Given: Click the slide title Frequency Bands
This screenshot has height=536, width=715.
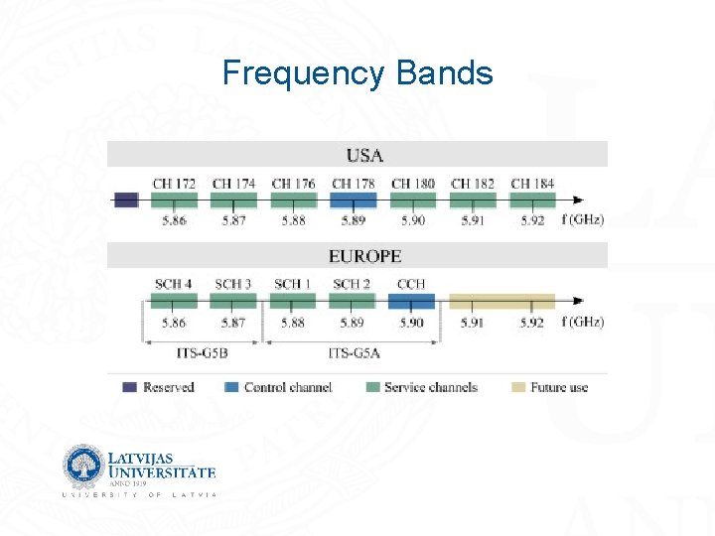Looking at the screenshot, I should (x=357, y=73).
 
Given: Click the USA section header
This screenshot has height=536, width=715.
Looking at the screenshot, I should (x=364, y=155).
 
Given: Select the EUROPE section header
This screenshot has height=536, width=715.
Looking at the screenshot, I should (x=364, y=256).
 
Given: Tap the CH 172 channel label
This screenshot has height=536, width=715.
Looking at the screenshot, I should (x=174, y=184).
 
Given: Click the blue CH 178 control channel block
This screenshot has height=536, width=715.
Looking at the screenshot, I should (x=354, y=200).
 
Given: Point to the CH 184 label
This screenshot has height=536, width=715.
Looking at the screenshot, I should (x=532, y=184).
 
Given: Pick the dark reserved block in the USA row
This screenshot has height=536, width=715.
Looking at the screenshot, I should (x=126, y=200).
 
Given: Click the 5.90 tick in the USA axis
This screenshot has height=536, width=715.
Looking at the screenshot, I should (x=413, y=220).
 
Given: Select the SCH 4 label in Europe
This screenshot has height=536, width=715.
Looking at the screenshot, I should (x=174, y=284).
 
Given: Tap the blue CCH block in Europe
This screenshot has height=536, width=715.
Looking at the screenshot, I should (x=411, y=300).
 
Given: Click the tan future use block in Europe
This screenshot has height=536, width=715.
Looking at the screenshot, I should (x=501, y=300).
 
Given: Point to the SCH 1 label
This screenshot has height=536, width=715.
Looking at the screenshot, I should (x=293, y=284).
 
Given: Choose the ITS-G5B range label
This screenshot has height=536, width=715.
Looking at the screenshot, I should (x=203, y=353).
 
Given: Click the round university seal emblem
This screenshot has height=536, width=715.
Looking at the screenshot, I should (x=82, y=467).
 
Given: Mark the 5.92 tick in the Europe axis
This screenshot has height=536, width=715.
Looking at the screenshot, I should (x=532, y=323).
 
